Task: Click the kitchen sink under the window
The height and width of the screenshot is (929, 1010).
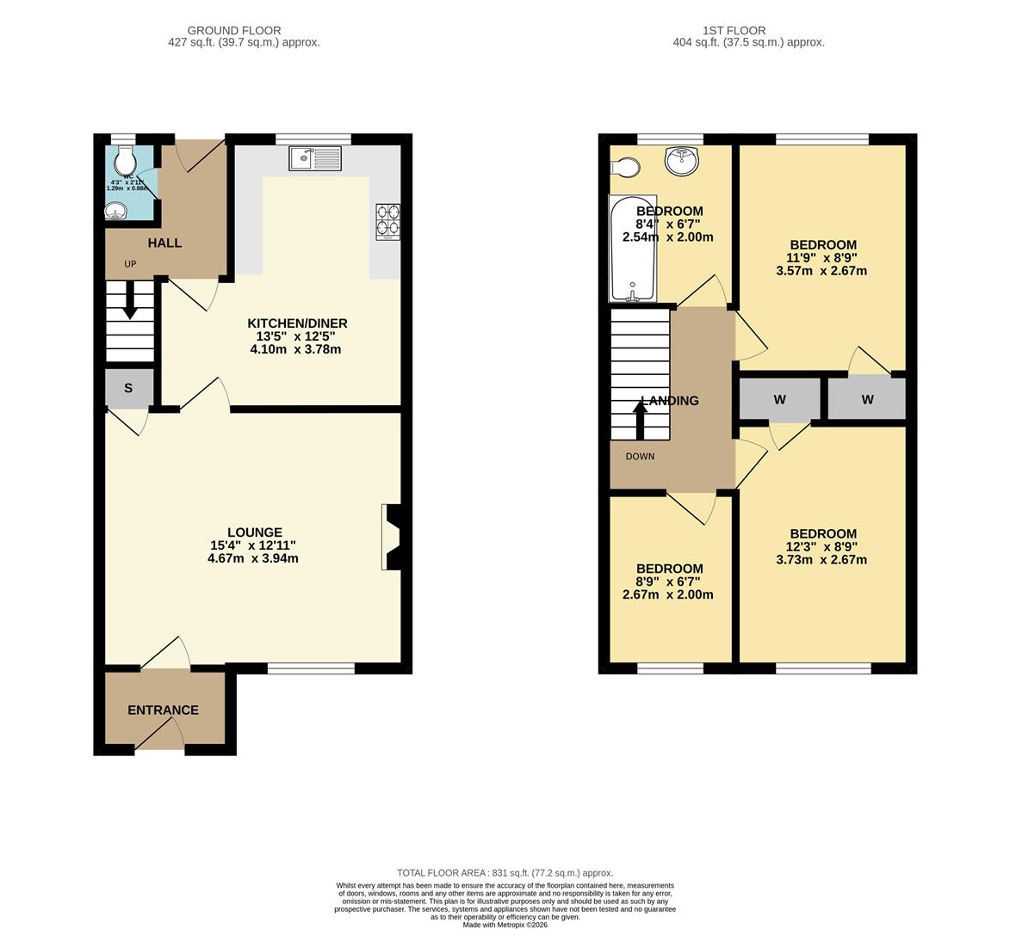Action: click(x=316, y=158)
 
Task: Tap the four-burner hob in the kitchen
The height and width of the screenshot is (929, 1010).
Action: click(x=387, y=220)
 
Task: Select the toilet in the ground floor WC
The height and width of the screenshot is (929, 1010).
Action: click(x=126, y=159)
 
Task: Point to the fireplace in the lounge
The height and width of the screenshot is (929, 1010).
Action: click(x=392, y=538)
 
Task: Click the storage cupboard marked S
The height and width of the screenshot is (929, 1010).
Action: click(x=128, y=388)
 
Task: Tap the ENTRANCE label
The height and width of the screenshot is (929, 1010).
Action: click(x=163, y=710)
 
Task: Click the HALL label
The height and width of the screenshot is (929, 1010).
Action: click(x=164, y=243)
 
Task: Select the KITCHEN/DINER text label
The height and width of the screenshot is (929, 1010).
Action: click(x=297, y=323)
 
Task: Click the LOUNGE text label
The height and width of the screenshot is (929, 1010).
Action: click(x=254, y=532)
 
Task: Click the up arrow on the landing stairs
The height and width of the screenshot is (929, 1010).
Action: click(x=640, y=421)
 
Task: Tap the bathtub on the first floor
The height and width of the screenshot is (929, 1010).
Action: click(x=633, y=249)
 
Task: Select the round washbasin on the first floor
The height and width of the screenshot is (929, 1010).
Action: click(x=681, y=161)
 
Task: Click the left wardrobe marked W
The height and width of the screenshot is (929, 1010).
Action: click(x=779, y=399)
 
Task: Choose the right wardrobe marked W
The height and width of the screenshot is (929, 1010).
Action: click(x=867, y=399)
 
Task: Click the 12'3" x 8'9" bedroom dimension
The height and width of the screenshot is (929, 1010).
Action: click(x=822, y=546)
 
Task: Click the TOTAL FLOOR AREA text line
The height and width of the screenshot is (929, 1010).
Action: click(x=505, y=872)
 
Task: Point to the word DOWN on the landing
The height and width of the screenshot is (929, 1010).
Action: click(x=640, y=456)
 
